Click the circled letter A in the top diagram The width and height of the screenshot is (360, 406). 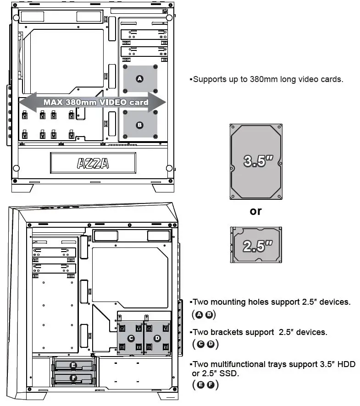click(x=140, y=79)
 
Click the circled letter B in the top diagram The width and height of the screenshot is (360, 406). click(x=140, y=125)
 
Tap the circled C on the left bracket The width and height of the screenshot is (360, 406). click(x=131, y=338)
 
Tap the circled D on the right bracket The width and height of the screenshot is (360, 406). click(x=157, y=338)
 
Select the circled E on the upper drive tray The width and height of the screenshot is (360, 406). click(x=73, y=365)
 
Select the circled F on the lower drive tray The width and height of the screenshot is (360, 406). click(x=73, y=378)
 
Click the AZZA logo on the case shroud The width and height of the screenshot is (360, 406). click(x=93, y=163)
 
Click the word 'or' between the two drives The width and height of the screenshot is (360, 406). click(x=256, y=211)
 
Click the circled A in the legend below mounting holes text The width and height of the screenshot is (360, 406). click(x=199, y=315)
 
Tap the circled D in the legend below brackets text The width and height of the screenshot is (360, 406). click(x=210, y=344)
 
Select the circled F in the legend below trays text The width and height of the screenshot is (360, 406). click(x=210, y=385)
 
